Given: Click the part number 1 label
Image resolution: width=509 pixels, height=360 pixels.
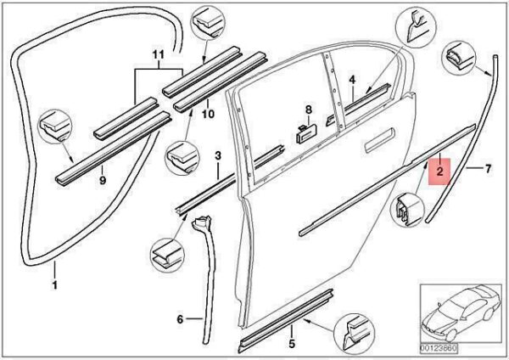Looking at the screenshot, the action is [55, 285].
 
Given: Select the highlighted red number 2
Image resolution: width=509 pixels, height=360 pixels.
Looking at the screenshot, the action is [439, 172].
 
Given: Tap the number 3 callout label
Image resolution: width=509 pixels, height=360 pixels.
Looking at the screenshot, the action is [218, 155].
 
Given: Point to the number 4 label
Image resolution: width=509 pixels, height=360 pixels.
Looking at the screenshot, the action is [353, 80].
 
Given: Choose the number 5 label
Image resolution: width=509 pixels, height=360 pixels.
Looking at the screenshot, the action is [292, 343].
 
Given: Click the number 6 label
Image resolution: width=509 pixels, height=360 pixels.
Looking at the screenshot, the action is [180, 319].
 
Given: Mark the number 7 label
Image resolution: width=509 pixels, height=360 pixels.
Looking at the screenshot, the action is [489, 169].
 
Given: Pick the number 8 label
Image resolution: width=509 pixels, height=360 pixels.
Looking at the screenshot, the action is [309, 110].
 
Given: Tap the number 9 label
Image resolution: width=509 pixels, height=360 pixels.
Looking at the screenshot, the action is [103, 180].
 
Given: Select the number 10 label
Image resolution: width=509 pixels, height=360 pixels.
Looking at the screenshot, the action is [208, 114].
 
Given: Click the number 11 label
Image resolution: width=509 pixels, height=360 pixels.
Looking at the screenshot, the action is [158, 54].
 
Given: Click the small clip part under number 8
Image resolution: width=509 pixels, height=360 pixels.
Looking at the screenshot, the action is [307, 133].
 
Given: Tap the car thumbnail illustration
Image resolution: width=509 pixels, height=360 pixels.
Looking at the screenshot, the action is [461, 313].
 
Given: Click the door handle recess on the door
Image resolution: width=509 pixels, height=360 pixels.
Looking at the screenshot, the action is [379, 140].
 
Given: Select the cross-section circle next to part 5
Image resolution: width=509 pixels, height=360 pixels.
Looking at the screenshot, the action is [354, 334].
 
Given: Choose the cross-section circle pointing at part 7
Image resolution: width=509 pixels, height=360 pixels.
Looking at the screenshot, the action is [459, 58].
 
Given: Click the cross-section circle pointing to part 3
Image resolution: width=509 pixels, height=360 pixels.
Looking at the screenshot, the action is [167, 255].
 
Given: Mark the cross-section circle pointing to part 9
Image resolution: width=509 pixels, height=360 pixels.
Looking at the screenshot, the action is [55, 126].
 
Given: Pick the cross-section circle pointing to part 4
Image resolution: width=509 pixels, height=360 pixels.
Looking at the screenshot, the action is [417, 27].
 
